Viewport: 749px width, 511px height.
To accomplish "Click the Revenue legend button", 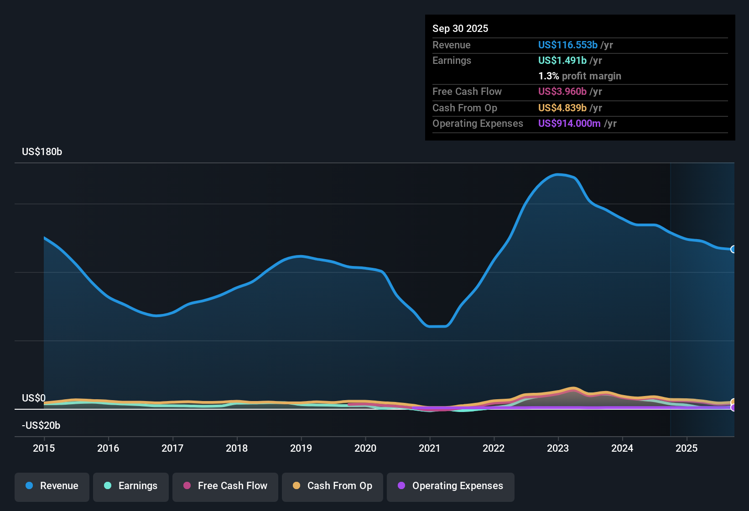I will point(52,486).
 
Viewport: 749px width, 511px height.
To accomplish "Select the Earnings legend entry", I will point(131,486).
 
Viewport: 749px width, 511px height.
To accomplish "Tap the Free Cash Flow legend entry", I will point(225,486).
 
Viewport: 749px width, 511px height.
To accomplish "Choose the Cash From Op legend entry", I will point(333,486).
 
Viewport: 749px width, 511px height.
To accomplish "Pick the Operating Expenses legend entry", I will point(451,486).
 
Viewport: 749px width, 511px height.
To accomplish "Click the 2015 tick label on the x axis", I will point(44,448).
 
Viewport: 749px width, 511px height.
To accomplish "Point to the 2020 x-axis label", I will point(365,448).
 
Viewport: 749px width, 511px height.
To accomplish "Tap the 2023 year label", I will point(558,448).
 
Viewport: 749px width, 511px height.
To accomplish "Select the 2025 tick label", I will point(687,448).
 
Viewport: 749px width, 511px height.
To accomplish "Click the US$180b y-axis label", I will point(42,152).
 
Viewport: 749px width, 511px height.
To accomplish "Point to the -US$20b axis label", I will point(41,426).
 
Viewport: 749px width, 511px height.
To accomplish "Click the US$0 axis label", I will point(34,398).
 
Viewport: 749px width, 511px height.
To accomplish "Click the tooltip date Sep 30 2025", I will point(460,29).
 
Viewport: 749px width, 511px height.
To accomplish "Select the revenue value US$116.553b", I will point(567,45).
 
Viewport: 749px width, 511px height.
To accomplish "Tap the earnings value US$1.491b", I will point(562,61).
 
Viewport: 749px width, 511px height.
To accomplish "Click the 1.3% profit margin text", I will point(579,76).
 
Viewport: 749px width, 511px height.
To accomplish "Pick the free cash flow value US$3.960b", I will point(562,92).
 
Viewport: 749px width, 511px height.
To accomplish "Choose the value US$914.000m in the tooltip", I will point(569,124).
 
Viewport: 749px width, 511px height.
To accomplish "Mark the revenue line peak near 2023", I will point(557,174).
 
